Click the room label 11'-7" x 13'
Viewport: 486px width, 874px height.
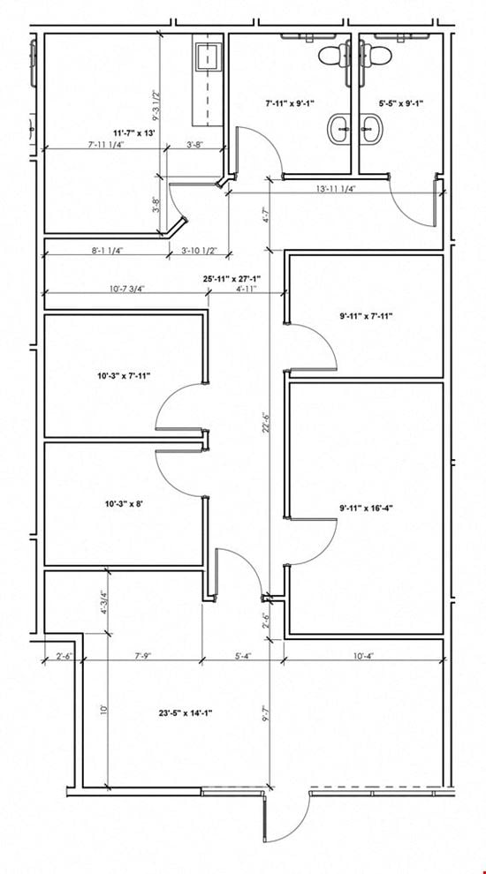[134, 132]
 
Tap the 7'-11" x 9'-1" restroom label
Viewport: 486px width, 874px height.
[290, 102]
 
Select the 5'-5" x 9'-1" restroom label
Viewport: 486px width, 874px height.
[401, 102]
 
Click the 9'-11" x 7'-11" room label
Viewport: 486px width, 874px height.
[367, 316]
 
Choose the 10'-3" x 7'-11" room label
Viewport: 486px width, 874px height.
[125, 376]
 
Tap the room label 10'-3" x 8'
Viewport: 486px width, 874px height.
[125, 504]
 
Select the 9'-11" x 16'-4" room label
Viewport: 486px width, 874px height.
[367, 508]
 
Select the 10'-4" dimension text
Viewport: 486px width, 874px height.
[362, 656]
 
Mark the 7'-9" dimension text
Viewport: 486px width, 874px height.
[140, 656]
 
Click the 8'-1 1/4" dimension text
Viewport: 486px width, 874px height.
[106, 250]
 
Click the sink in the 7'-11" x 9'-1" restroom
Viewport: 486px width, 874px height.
[340, 127]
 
